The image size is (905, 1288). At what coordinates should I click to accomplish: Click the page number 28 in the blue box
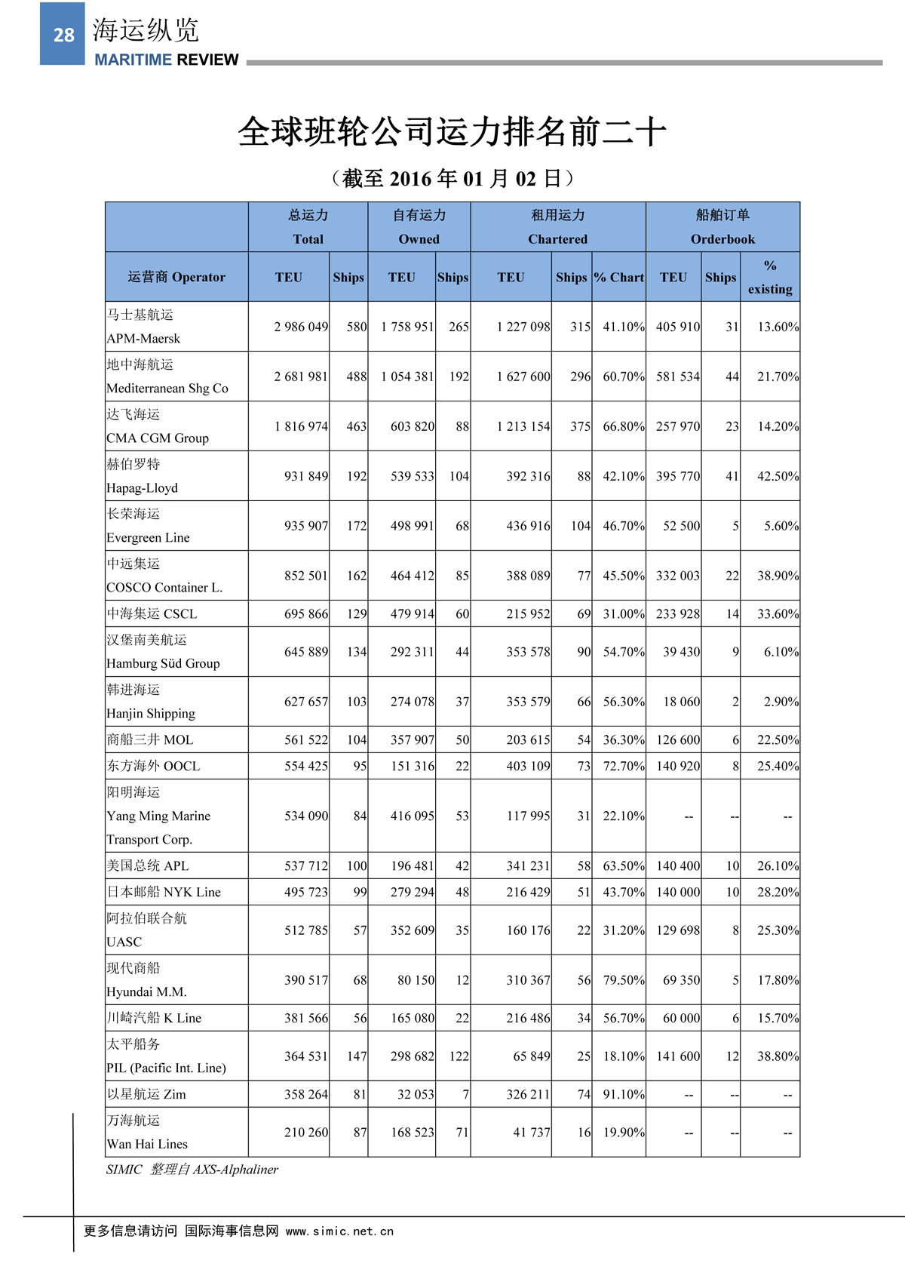click(x=63, y=35)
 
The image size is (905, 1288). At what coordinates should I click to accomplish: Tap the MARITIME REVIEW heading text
click(x=166, y=60)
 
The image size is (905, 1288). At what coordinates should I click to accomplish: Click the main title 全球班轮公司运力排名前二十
click(x=452, y=132)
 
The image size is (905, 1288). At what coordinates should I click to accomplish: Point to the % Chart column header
click(x=618, y=277)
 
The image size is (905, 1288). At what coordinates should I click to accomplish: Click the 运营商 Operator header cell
click(x=176, y=277)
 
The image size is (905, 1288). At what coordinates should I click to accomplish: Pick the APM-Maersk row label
click(x=143, y=338)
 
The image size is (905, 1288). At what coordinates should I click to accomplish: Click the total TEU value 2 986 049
click(x=301, y=327)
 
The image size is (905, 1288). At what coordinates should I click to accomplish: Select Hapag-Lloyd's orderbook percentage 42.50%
click(x=778, y=476)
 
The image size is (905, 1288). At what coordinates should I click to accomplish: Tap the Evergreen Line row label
click(x=148, y=537)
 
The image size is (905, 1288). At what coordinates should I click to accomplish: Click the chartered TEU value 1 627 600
click(x=523, y=377)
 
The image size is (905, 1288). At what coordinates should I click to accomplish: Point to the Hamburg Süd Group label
click(x=163, y=663)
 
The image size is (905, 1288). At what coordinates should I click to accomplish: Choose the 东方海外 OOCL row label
click(x=154, y=766)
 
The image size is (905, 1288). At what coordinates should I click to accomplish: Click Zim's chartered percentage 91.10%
click(x=623, y=1094)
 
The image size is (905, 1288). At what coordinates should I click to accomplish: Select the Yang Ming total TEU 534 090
click(x=306, y=816)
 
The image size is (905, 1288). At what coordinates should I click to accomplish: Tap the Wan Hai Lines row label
click(x=147, y=1144)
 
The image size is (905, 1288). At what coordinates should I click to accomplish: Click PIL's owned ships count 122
click(x=459, y=1056)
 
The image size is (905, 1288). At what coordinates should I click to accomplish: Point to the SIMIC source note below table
click(x=192, y=1170)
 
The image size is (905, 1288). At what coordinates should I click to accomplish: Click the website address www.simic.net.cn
click(x=339, y=1231)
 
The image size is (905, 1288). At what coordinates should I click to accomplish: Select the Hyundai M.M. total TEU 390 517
click(x=306, y=980)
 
